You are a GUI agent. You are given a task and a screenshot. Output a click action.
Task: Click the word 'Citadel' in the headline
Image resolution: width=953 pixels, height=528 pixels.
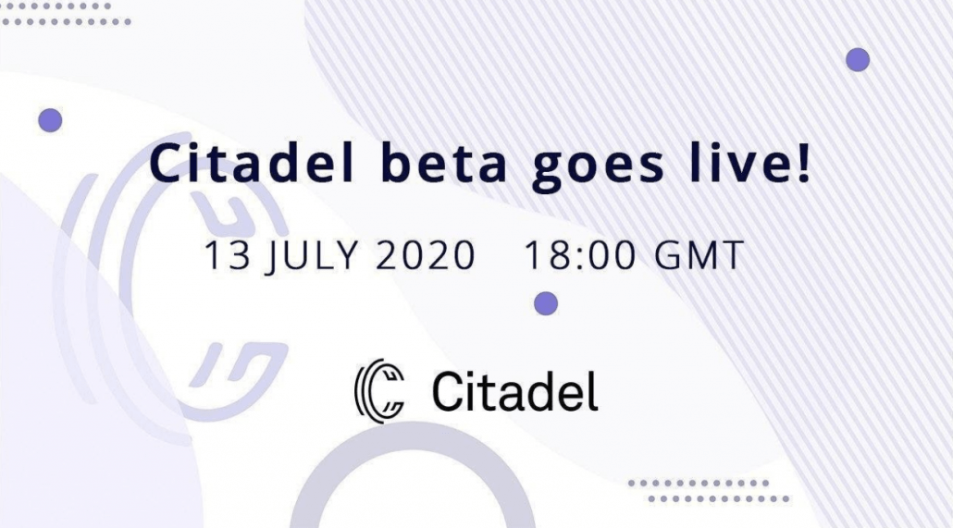(252, 164)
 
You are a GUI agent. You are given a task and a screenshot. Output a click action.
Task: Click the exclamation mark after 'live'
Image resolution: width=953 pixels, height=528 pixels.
(803, 164)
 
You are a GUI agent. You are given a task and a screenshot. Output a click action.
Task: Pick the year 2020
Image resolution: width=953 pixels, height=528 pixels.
(426, 254)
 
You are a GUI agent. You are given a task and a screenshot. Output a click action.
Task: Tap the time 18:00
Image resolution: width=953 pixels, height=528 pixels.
(579, 254)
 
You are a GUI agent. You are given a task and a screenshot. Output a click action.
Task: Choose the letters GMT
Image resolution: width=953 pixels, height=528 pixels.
(699, 254)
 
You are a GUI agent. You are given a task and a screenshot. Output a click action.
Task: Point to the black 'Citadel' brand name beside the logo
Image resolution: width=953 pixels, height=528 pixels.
(515, 391)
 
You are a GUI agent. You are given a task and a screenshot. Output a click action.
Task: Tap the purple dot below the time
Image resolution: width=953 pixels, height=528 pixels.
(546, 303)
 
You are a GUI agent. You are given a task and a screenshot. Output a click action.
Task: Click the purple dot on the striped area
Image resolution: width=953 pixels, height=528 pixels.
(858, 59)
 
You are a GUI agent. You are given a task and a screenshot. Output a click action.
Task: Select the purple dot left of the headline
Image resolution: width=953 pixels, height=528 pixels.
(51, 120)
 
